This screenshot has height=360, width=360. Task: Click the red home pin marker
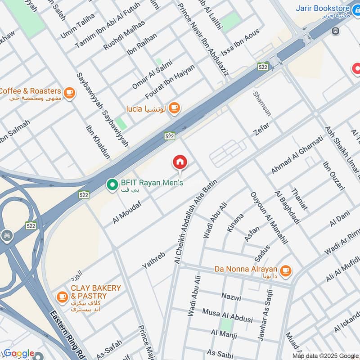pos(180,162)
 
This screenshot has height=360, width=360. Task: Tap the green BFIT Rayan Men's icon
pos(111,184)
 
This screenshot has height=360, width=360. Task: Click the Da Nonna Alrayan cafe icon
pos(285,270)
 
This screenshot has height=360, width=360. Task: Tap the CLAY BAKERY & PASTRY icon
pos(62,297)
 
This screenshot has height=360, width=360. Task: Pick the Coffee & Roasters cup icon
pos(69,92)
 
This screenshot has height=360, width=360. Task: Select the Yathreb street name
pos(154,260)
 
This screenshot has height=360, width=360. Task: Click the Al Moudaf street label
pos(127,212)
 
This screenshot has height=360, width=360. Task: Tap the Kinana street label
pos(235,222)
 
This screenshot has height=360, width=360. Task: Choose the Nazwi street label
pos(231,297)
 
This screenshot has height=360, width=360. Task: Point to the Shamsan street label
pos(262,103)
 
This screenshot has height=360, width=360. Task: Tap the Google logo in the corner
pos(19,354)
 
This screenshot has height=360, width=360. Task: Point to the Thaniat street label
pos(300,199)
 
